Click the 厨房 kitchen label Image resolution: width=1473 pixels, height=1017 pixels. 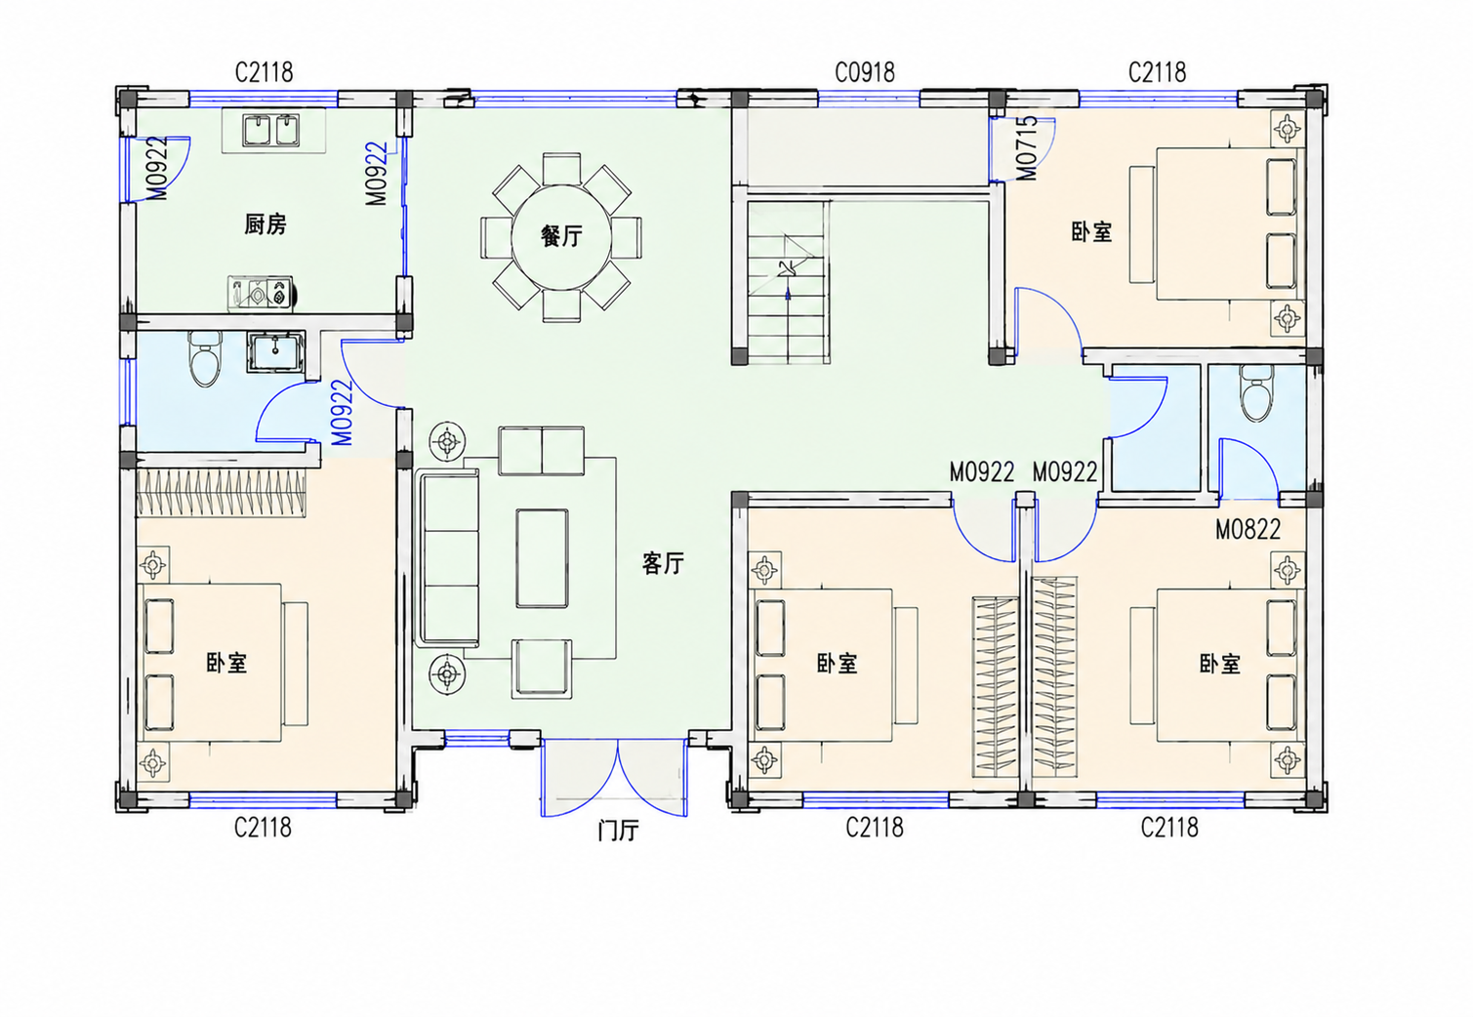tap(266, 224)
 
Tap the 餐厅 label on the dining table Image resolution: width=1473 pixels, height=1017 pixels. tap(561, 236)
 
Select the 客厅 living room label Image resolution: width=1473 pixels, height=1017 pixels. tap(663, 563)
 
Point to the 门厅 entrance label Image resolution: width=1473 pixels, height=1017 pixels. tap(618, 831)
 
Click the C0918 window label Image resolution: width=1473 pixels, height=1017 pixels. tap(865, 72)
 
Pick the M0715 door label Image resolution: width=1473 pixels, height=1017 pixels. tap(1027, 148)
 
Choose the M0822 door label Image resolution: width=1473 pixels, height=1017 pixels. tap(1248, 529)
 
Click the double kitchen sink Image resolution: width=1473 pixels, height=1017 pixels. tap(272, 130)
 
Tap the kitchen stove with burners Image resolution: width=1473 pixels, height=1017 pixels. tap(261, 293)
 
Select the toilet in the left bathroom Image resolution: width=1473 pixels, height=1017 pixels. tap(205, 359)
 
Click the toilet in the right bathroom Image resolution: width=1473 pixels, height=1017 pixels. tap(1256, 393)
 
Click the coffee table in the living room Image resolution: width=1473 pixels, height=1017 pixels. tap(543, 558)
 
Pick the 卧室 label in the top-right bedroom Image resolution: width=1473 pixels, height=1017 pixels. tap(1091, 232)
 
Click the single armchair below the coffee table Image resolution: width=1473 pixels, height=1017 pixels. tap(542, 668)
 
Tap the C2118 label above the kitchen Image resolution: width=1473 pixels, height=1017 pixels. tap(264, 72)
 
